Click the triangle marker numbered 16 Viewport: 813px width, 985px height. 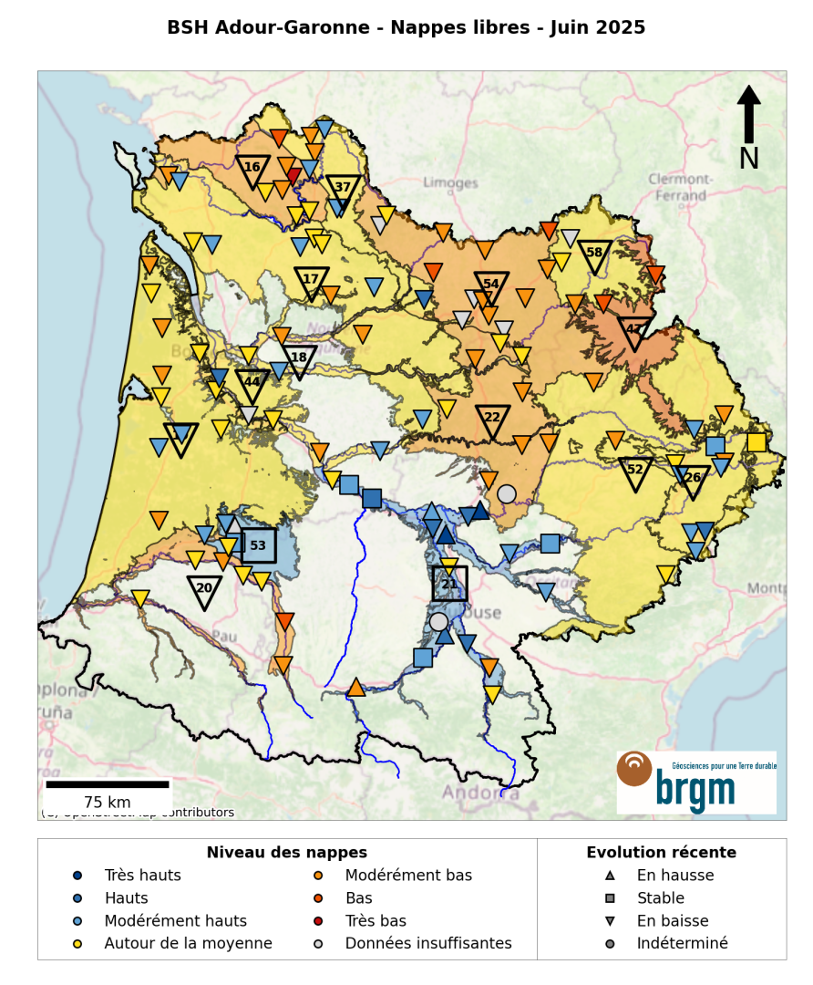[252, 169]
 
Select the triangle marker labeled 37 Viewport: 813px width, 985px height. [343, 189]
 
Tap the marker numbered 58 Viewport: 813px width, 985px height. [595, 254]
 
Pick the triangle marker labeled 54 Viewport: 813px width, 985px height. [491, 286]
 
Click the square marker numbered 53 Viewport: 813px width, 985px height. [258, 545]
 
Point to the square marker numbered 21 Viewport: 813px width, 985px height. [449, 584]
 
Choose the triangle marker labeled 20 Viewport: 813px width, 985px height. [204, 590]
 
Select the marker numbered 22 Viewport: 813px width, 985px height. [492, 420]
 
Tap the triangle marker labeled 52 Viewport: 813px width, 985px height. [635, 472]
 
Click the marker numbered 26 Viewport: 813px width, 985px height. [693, 479]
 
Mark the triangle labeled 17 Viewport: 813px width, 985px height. [312, 281]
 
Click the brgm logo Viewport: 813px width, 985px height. [696, 782]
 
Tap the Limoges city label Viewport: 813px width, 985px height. [451, 183]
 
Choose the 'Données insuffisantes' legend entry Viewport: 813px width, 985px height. [427, 943]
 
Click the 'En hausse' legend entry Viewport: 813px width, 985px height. [674, 876]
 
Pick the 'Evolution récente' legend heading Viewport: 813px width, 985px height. [661, 853]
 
